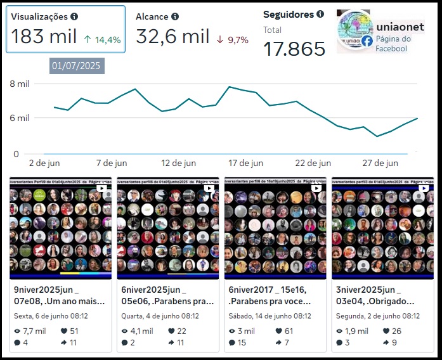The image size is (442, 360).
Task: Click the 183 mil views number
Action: click(44, 37)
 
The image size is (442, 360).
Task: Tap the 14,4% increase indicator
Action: click(103, 40)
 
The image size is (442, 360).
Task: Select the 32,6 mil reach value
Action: click(172, 37)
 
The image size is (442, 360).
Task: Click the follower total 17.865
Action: click(294, 49)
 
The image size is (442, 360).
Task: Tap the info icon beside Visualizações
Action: click(74, 16)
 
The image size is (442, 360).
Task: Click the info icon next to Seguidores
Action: click(320, 14)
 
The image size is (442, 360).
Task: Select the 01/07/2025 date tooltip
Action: click(75, 65)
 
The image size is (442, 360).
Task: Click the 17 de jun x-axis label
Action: click(245, 163)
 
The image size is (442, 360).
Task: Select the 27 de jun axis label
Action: click(380, 163)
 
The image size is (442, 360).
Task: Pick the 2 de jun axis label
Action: click(44, 163)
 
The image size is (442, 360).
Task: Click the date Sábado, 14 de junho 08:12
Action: click(270, 316)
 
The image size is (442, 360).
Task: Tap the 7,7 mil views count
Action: click(34, 331)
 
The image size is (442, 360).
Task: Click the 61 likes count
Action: click(289, 331)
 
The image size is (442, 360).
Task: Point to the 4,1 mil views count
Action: click(142, 331)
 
